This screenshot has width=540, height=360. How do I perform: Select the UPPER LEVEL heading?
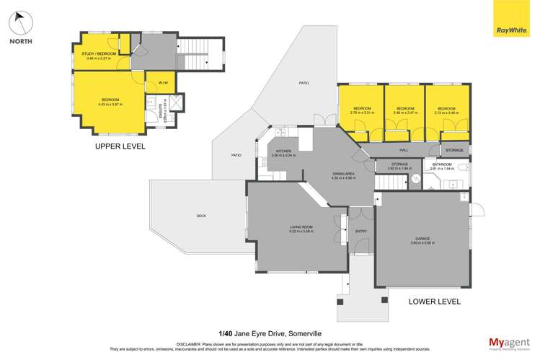(x=120, y=146)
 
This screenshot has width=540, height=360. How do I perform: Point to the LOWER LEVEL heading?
(x=435, y=302)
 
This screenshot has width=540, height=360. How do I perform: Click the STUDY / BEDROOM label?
(x=97, y=53)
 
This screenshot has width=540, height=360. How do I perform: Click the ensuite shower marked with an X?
(x=175, y=103)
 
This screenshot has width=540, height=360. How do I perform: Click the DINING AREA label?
(x=322, y=173)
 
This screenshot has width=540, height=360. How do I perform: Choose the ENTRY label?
(x=360, y=232)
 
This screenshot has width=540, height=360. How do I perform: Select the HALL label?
(x=404, y=150)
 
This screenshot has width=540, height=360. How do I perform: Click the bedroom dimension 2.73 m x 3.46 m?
(x=447, y=113)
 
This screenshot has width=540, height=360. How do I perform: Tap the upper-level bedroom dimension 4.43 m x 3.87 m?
(x=110, y=104)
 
